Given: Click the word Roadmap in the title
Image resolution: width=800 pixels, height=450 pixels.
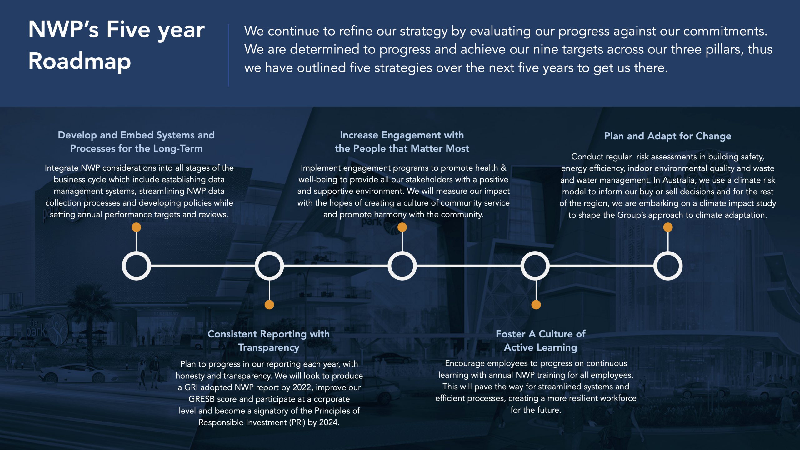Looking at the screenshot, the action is point(80,61).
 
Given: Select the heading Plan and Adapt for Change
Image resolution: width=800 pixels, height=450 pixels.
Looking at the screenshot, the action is point(667,136).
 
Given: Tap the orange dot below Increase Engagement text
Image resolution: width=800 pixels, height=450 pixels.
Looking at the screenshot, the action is point(402,227).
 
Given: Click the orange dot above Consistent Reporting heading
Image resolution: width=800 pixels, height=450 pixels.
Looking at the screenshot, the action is point(269,304).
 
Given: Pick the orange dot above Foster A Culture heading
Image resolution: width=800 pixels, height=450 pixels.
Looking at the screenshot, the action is point(536,304).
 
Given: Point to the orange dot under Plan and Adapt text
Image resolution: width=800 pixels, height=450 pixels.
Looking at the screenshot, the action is point(668,227).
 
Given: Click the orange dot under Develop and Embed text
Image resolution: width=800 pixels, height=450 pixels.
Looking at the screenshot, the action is point(136,227).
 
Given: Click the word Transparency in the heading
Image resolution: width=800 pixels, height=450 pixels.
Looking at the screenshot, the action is point(269,347).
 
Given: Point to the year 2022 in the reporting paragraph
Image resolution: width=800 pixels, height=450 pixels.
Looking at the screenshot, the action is point(302,387).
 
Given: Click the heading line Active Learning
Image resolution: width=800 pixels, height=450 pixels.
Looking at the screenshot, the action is point(540,347).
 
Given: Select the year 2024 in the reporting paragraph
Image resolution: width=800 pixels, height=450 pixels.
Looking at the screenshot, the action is point(329,422).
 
